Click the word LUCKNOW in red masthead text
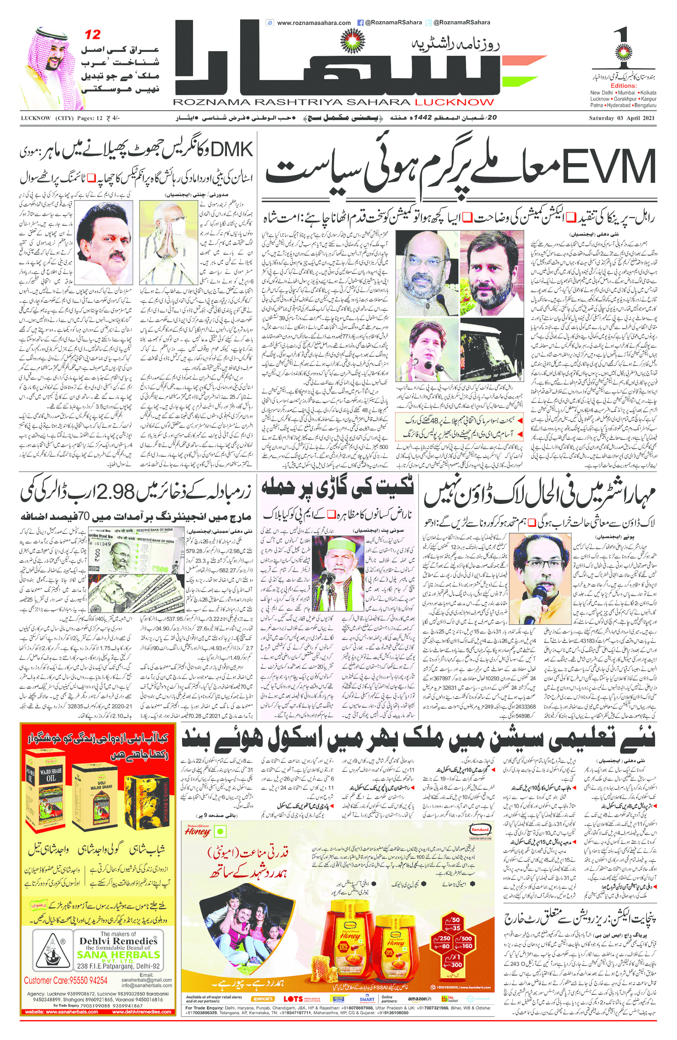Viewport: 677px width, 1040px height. [x=454, y=103]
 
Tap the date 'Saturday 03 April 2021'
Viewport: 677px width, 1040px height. [x=621, y=118]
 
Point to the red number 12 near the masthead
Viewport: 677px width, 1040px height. [x=93, y=35]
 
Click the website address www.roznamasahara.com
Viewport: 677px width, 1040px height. [x=313, y=23]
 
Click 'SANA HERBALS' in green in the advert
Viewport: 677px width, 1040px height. [x=118, y=955]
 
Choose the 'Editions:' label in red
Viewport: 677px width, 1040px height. [x=623, y=86]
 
